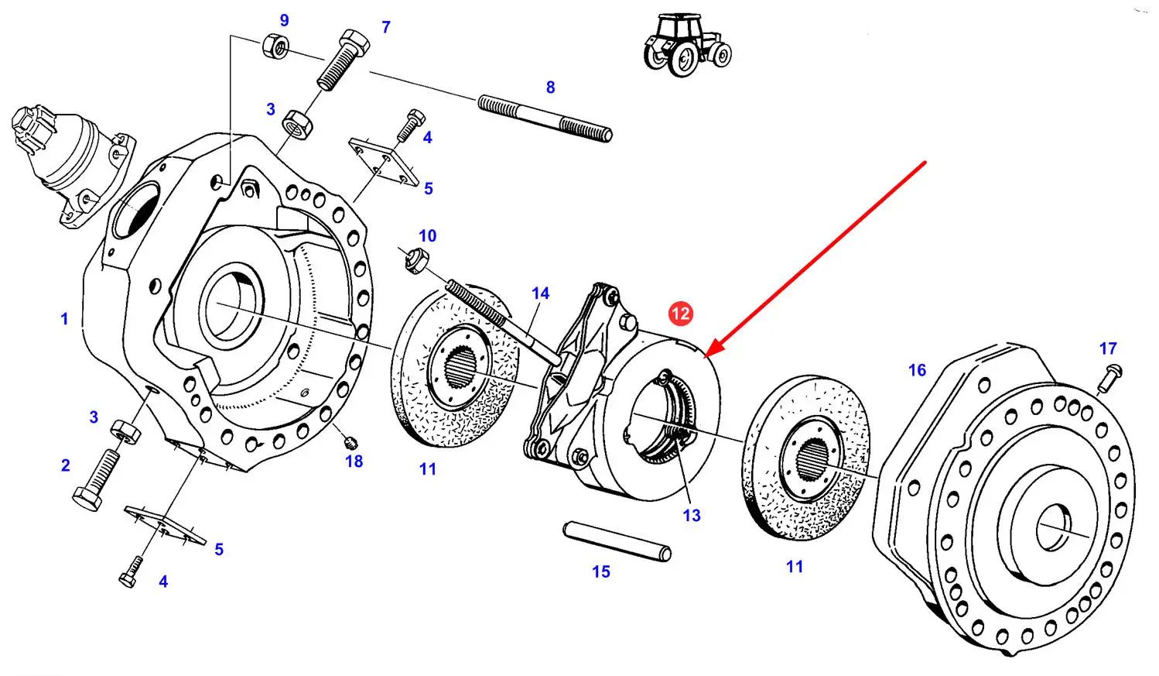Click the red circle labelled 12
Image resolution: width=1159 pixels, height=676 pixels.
pos(680,314)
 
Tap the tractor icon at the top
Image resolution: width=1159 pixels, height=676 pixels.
pos(686,45)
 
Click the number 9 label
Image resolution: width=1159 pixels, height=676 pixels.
pos(284,21)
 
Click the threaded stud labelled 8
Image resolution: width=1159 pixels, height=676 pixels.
pos(545,118)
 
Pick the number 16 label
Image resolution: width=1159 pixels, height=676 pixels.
pos(917,371)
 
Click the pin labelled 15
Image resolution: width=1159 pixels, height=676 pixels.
pos(617,540)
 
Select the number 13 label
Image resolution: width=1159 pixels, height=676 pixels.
pos(691,516)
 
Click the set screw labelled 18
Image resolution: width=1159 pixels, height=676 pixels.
pos(350,443)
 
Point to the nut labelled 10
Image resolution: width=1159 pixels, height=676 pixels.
pos(413,260)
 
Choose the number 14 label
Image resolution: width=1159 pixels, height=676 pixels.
pos(540,294)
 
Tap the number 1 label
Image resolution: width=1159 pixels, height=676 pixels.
pos(64,319)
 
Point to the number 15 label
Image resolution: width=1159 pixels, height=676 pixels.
pos(601,572)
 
